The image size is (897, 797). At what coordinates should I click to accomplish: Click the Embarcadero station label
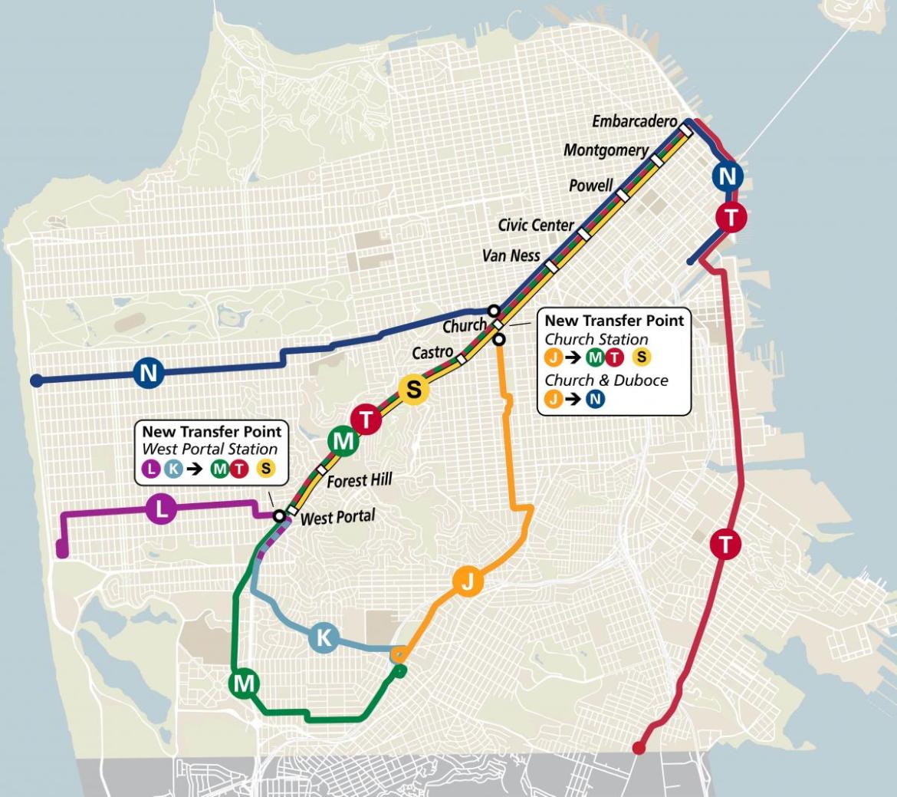[634, 122]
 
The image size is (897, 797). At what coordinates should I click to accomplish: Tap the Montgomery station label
[606, 150]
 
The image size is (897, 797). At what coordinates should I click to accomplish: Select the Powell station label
[590, 186]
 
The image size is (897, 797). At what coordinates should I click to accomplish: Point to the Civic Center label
[536, 225]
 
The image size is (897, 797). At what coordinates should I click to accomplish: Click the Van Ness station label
[511, 255]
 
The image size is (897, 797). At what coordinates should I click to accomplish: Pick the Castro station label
[432, 353]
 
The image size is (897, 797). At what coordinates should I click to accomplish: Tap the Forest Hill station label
[360, 481]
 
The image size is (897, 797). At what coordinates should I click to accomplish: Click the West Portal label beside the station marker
[337, 517]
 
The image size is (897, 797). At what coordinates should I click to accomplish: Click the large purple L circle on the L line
[160, 509]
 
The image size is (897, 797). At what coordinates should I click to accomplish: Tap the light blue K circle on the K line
[324, 637]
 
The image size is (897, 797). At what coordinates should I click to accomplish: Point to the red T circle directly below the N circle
[731, 218]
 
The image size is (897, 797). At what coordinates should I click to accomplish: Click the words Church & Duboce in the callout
[606, 380]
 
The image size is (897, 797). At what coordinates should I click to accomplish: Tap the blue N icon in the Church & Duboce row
[595, 399]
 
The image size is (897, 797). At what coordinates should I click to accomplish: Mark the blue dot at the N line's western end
[35, 380]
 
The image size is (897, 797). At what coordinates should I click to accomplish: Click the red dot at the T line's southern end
[638, 748]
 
